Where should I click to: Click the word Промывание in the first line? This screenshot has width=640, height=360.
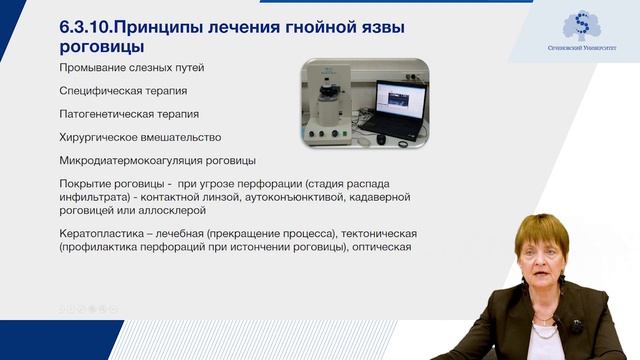tap(98, 67)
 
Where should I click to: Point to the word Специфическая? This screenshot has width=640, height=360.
tap(105, 90)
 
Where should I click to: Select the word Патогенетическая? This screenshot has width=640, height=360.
tap(113, 113)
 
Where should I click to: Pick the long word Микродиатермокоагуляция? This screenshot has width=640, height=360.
tap(140, 160)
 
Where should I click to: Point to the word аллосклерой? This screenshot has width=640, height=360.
tap(171, 211)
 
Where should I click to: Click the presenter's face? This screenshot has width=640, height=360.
tap(541, 263)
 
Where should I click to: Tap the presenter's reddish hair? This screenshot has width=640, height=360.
tap(541, 230)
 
